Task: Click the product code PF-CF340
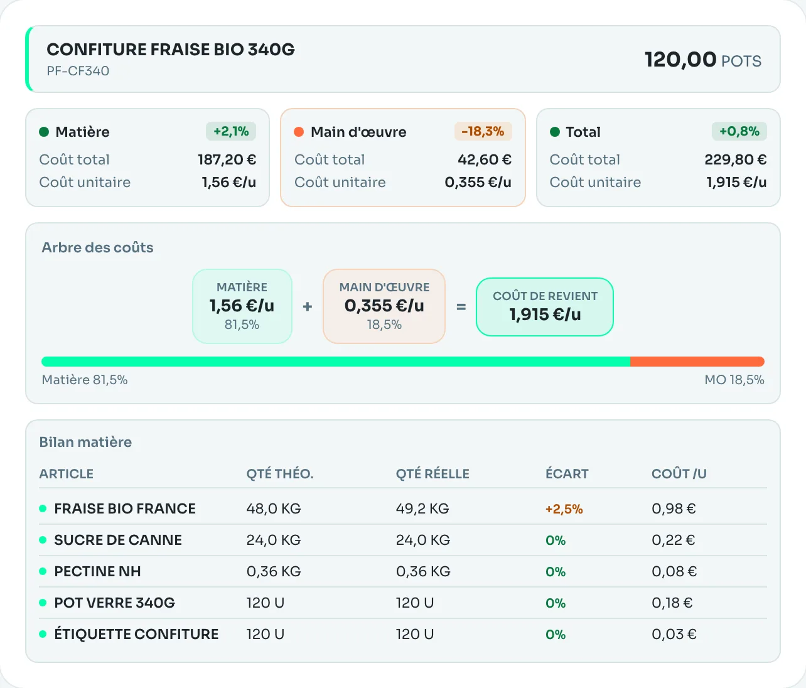point(78,71)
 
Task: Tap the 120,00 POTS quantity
point(703,60)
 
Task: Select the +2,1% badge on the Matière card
point(231,131)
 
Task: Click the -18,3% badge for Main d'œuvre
point(483,131)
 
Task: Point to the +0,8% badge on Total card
point(739,131)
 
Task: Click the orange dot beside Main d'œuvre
point(299,132)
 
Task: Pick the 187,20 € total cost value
point(227,159)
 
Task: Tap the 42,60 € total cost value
point(485,159)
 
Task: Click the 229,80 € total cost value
point(736,159)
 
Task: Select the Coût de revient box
point(545,306)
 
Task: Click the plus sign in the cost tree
point(307,306)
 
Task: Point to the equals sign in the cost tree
point(461,307)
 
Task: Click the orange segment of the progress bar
point(697,362)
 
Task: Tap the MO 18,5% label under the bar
point(734,380)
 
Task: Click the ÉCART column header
point(567,473)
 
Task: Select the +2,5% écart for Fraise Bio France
point(564,509)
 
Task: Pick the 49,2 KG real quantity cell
point(422,508)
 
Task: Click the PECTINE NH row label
point(97,571)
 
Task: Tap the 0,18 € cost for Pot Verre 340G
point(672,603)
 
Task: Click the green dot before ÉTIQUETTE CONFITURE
point(43,634)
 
